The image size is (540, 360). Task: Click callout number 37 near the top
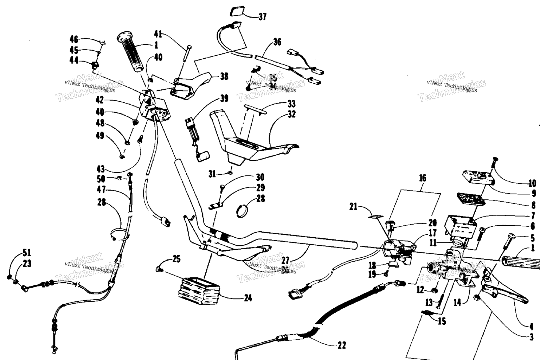[262, 17]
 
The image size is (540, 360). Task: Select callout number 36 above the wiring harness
[277, 42]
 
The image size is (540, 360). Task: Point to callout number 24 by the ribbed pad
[248, 298]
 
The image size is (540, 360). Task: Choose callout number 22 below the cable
[341, 345]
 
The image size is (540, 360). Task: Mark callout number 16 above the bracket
[422, 178]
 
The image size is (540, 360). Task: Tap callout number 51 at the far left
[27, 252]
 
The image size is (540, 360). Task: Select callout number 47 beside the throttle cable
[101, 190]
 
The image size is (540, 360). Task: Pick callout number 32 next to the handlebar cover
[291, 114]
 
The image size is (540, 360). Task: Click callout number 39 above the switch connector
[224, 98]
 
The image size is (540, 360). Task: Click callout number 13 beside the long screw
[429, 302]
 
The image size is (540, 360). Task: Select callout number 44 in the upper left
[74, 60]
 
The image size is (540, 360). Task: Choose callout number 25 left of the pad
[176, 259]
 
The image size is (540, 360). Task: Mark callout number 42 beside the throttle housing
[100, 100]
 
